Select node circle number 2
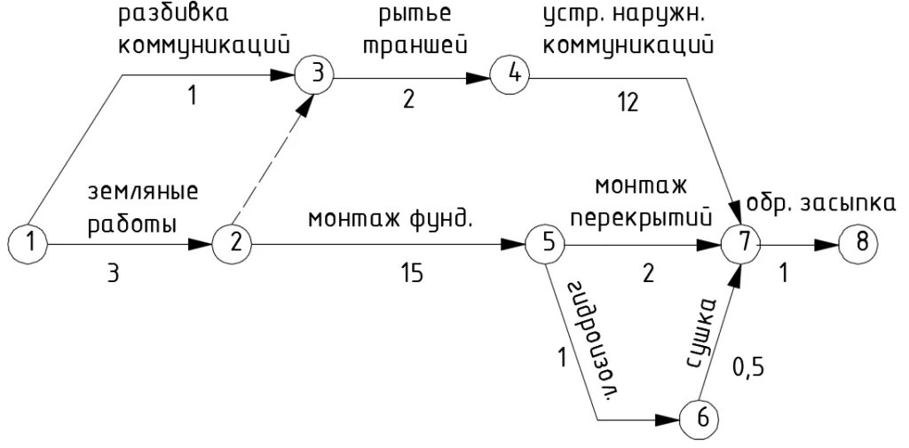click(232, 242)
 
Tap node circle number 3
click(315, 75)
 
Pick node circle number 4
click(512, 75)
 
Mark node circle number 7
click(743, 242)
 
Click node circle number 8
click(858, 242)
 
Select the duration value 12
click(628, 105)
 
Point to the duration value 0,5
click(749, 364)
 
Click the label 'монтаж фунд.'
click(390, 218)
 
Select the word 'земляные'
click(142, 193)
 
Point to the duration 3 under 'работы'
click(113, 274)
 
